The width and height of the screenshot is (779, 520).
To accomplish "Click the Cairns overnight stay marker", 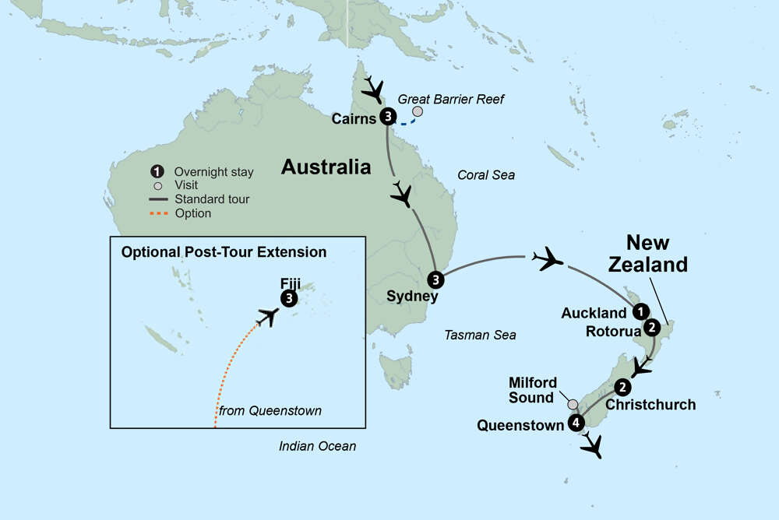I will click(x=387, y=118).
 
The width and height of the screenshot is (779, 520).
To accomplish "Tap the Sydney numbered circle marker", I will click(x=435, y=279).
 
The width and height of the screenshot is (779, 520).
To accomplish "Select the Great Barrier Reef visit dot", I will click(x=418, y=113).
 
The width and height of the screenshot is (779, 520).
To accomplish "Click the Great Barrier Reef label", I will click(x=451, y=99).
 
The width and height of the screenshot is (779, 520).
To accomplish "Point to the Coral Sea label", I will click(x=486, y=175).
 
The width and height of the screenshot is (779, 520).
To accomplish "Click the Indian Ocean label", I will click(x=317, y=446).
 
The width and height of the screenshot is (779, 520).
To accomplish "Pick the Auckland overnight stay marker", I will click(x=640, y=312).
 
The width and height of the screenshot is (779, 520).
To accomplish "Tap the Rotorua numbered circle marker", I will click(x=653, y=328).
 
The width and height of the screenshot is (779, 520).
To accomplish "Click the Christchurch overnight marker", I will click(x=622, y=387).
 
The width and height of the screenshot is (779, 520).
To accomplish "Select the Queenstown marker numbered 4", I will click(x=576, y=423).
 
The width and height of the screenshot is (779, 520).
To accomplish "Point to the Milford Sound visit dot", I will click(x=573, y=404).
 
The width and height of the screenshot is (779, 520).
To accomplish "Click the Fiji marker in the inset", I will click(x=289, y=298).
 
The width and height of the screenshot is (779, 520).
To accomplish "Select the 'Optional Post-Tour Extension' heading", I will click(x=223, y=252).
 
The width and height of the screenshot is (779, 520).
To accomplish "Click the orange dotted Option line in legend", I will click(x=158, y=213).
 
